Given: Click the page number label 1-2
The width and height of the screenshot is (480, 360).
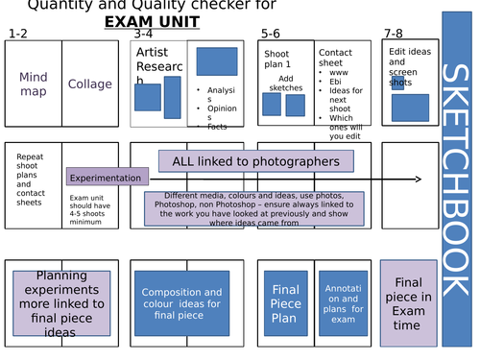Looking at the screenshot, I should (18, 35).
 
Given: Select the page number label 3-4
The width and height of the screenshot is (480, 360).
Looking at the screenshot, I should (144, 35).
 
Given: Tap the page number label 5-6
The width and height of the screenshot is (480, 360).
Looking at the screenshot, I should (271, 35).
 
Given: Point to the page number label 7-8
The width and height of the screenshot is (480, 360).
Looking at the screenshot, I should (394, 35).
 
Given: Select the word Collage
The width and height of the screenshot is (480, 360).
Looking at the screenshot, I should (89, 84).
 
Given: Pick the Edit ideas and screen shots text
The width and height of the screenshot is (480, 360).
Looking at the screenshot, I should (409, 66).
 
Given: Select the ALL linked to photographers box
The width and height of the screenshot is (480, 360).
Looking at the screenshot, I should (255, 161).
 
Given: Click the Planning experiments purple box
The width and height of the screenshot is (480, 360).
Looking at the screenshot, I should (61, 302).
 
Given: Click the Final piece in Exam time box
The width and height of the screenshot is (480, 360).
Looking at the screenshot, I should (409, 302).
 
